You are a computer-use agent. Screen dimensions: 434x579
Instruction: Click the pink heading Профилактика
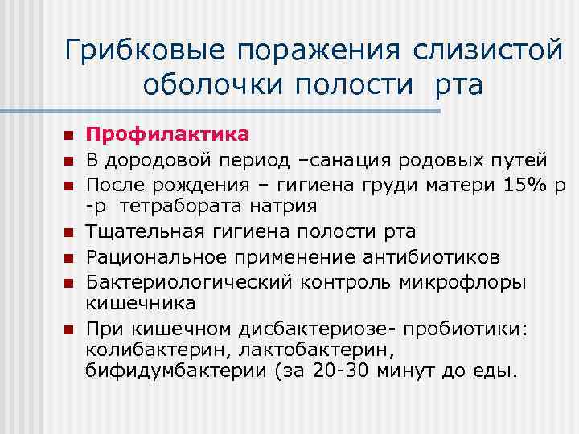click(168, 133)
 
